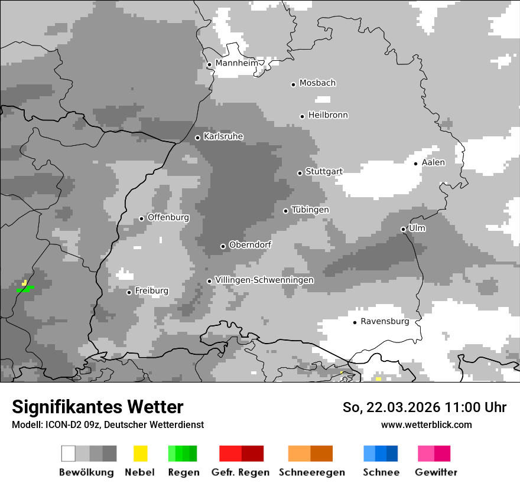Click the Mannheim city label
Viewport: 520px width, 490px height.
[x=236, y=63]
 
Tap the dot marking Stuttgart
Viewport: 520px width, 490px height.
[x=300, y=173]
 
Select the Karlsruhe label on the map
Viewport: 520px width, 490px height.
[x=223, y=136]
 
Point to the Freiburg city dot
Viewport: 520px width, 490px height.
[x=129, y=292]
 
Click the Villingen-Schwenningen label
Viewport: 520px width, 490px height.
[x=264, y=280]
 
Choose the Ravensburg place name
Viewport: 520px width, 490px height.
[x=385, y=322]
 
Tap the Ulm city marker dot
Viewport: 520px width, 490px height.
[x=403, y=229]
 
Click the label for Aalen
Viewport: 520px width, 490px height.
[x=433, y=162]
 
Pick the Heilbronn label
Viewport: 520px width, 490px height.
[x=328, y=115]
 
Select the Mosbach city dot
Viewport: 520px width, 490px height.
[x=293, y=84]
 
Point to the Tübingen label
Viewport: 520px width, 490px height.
[x=310, y=210]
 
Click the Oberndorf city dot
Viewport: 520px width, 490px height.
[x=223, y=246]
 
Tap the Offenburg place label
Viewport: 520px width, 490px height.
[x=168, y=217]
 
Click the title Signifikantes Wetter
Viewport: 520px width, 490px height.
[x=97, y=407]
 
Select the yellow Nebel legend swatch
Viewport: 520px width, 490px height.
[x=140, y=453]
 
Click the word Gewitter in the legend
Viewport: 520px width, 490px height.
[x=436, y=472]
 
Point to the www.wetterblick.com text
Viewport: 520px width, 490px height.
[x=426, y=424]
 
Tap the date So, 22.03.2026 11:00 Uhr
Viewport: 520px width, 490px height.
[x=424, y=407]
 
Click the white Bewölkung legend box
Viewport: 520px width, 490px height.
[x=69, y=453]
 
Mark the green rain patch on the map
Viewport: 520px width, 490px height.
[x=25, y=289]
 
